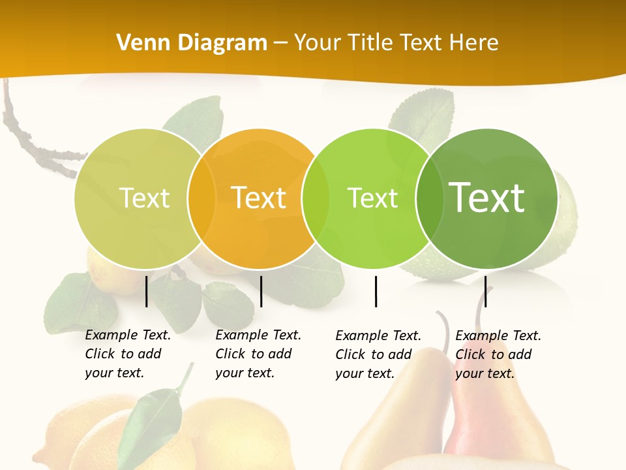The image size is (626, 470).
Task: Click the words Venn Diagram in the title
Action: pyautogui.click(x=192, y=43)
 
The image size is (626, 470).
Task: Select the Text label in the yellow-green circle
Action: pyautogui.click(x=144, y=198)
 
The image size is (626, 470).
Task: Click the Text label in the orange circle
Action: pyautogui.click(x=258, y=198)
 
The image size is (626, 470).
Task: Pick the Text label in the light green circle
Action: pyautogui.click(x=372, y=198)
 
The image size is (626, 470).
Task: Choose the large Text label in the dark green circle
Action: pyautogui.click(x=487, y=198)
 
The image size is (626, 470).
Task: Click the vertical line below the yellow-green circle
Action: pyautogui.click(x=147, y=291)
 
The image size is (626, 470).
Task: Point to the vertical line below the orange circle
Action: pyautogui.click(x=261, y=291)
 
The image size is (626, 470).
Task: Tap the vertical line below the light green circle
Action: pyautogui.click(x=376, y=291)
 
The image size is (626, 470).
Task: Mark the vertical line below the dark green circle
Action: pyautogui.click(x=485, y=291)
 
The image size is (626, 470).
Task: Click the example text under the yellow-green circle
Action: pyautogui.click(x=127, y=354)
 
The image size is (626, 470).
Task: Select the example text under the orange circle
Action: pyautogui.click(x=258, y=354)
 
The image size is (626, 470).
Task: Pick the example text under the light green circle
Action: pyautogui.click(x=378, y=354)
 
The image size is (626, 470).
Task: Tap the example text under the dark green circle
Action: pyautogui.click(x=498, y=354)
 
